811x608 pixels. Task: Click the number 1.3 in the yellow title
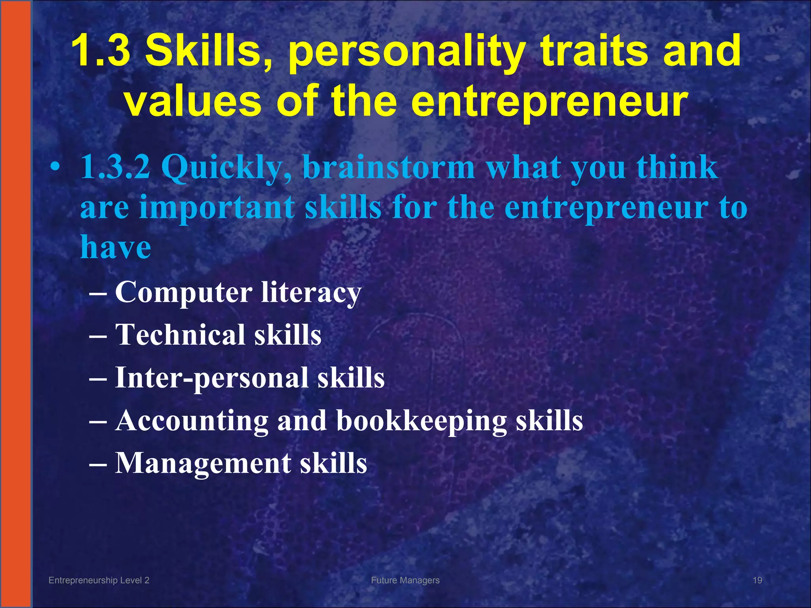pyautogui.click(x=101, y=51)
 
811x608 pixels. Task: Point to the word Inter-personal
pyautogui.click(x=211, y=378)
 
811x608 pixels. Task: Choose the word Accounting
pyautogui.click(x=192, y=421)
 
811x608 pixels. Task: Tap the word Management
pyautogui.click(x=203, y=464)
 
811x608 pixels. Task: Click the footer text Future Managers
pyautogui.click(x=405, y=580)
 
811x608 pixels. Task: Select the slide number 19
pyautogui.click(x=757, y=580)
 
